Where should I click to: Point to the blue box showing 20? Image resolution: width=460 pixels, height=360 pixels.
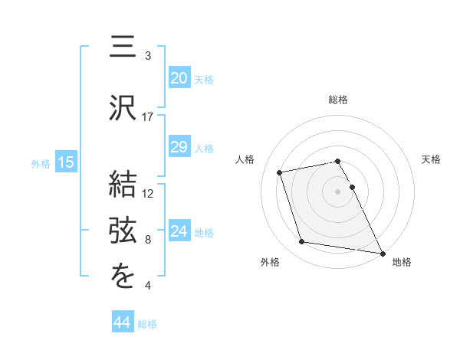tap(179, 78)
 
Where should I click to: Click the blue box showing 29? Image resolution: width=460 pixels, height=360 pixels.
tap(179, 147)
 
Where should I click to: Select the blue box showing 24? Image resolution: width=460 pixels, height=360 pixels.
tap(179, 231)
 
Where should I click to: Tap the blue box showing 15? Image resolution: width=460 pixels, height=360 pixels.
tap(65, 162)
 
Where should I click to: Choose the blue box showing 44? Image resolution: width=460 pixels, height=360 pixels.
tap(123, 323)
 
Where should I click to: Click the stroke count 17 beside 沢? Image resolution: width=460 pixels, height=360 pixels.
tap(148, 117)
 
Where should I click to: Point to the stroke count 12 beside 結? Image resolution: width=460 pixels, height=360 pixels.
tap(148, 193)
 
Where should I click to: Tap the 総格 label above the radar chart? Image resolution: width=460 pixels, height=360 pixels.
tap(338, 100)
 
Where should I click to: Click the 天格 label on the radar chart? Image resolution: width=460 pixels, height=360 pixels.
tap(432, 159)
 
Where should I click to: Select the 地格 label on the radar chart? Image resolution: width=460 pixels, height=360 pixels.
tap(402, 262)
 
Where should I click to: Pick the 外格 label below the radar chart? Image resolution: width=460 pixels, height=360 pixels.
tap(270, 262)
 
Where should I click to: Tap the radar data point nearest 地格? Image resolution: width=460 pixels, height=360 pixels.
tap(383, 252)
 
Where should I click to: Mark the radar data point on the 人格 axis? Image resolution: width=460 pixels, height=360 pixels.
tap(280, 172)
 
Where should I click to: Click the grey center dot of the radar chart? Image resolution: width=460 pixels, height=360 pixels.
tap(338, 191)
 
